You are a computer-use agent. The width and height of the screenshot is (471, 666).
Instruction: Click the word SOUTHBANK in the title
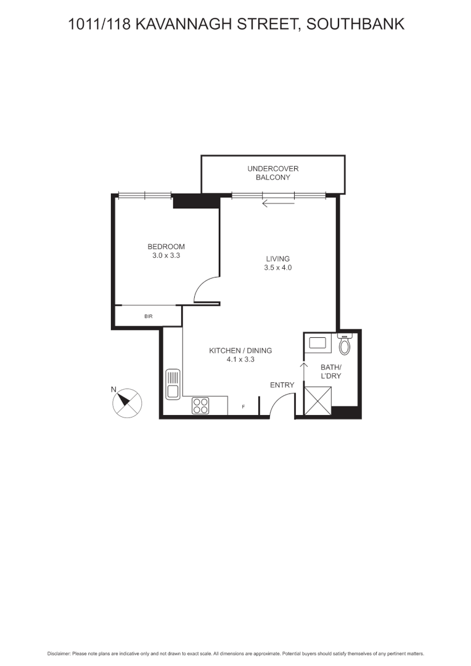click(x=355, y=25)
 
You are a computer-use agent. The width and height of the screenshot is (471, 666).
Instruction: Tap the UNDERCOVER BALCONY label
click(x=272, y=173)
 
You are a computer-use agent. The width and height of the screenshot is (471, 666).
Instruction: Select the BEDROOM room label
click(x=166, y=247)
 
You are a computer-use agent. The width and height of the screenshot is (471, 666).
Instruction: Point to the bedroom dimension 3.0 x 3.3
click(x=166, y=255)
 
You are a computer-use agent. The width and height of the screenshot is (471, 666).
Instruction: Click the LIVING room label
click(x=277, y=259)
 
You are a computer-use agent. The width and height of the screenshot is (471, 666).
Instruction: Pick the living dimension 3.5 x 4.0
click(x=277, y=268)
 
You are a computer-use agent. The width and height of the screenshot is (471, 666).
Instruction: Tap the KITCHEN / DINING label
click(x=240, y=350)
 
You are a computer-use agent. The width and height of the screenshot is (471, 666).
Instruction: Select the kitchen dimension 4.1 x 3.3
click(x=240, y=359)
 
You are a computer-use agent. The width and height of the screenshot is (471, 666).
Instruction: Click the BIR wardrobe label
click(x=149, y=316)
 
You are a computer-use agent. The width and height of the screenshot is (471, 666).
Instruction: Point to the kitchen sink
click(x=173, y=384)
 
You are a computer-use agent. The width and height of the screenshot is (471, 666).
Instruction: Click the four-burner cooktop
click(x=200, y=405)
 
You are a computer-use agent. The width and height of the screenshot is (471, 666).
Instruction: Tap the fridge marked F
click(x=244, y=407)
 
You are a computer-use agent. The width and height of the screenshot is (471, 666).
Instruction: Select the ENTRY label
click(x=282, y=385)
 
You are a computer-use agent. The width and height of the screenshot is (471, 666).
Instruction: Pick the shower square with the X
click(x=319, y=401)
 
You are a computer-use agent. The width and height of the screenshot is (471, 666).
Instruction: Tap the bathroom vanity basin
click(x=318, y=342)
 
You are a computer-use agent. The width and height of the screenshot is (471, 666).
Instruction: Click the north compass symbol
click(x=126, y=402)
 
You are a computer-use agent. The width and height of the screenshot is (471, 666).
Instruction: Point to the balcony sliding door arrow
click(x=277, y=203)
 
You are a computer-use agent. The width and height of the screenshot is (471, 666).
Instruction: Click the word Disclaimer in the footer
click(x=59, y=654)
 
